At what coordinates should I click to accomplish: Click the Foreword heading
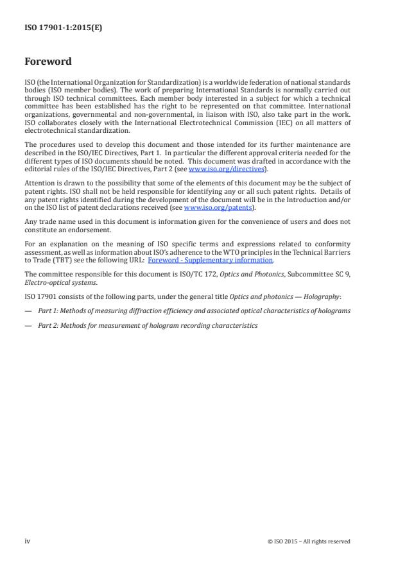(48, 62)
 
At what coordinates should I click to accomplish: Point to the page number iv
(28, 541)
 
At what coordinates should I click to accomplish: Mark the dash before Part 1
(28, 311)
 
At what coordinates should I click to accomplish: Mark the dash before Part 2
(28, 325)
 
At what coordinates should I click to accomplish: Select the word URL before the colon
(135, 260)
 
